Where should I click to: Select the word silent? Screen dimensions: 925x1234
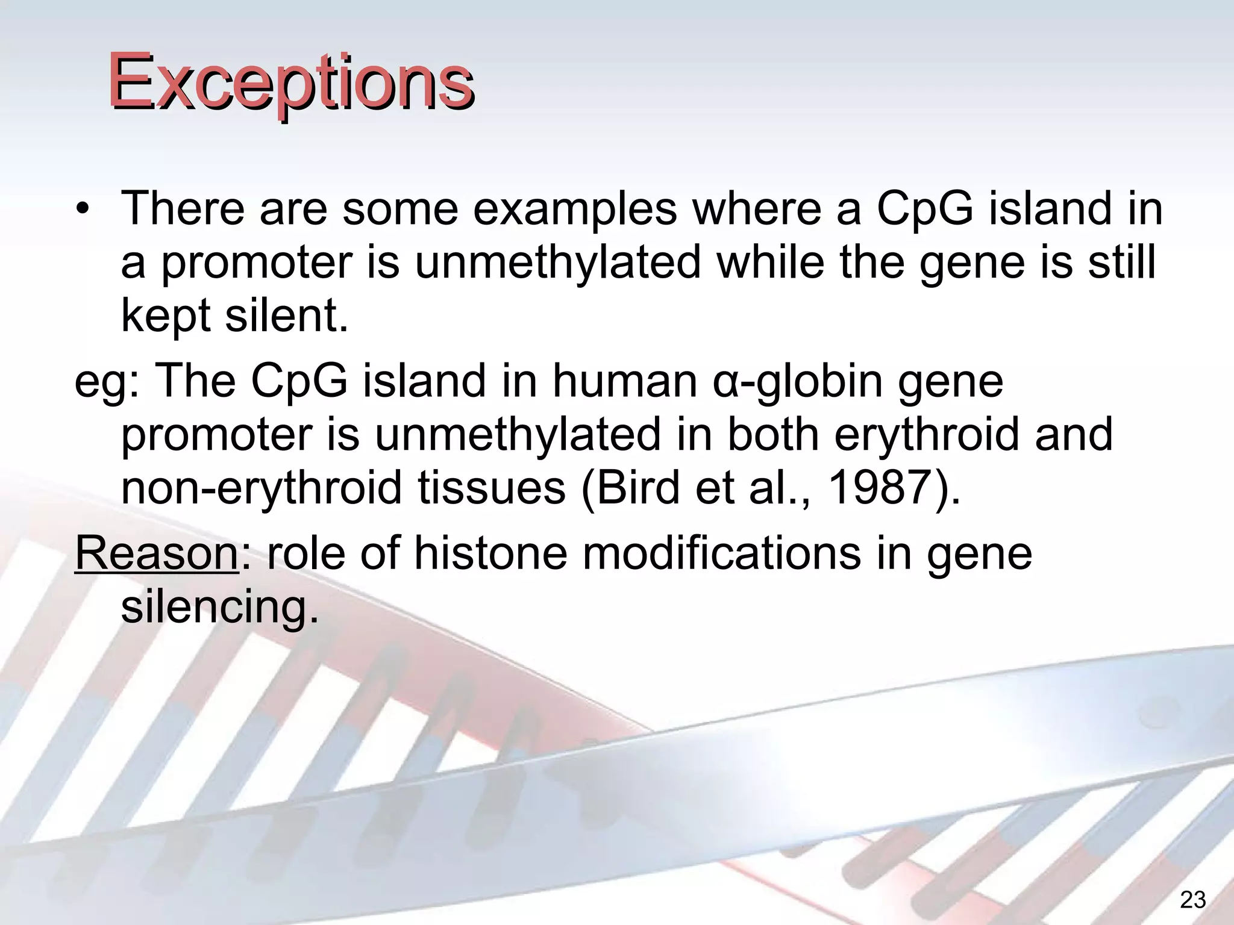click(x=286, y=316)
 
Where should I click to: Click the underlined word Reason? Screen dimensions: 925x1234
click(x=157, y=553)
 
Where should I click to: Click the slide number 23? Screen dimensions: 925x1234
click(x=1192, y=900)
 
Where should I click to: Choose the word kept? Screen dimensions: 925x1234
click(x=166, y=316)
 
